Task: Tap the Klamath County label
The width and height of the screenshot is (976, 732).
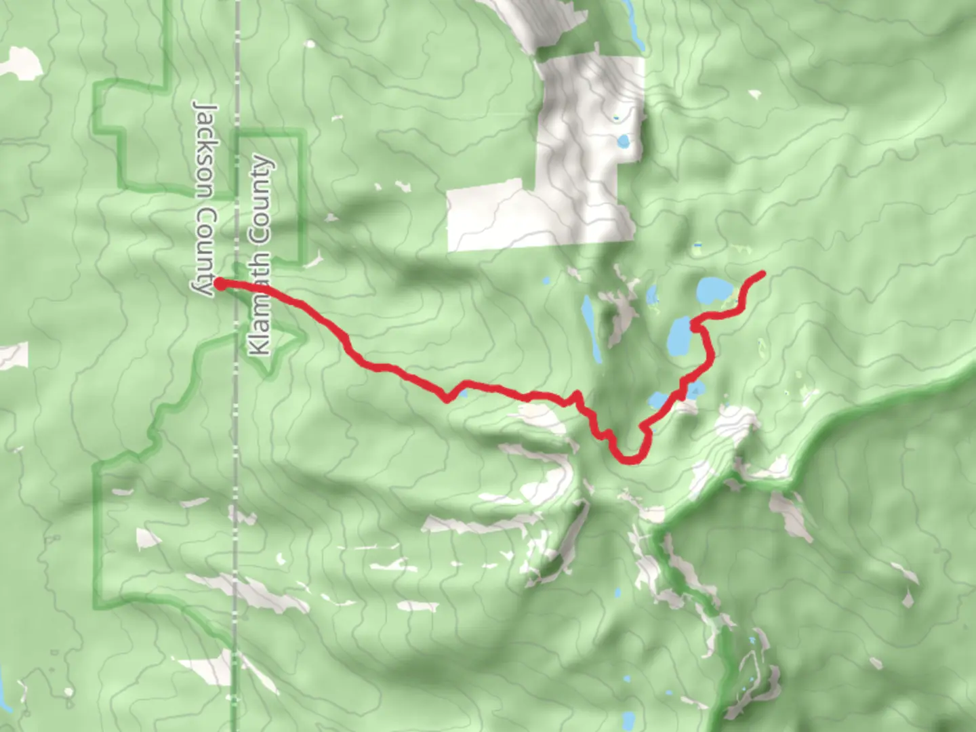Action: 260,256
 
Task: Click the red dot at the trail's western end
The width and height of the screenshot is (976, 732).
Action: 220,283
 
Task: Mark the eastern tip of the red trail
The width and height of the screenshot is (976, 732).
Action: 762,274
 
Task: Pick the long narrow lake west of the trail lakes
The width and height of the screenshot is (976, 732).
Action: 590,329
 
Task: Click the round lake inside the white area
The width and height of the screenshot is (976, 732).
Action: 623,142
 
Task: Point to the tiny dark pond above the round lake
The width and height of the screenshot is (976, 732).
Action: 616,118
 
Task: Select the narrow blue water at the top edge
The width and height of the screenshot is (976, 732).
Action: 636,30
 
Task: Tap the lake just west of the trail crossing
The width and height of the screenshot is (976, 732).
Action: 657,401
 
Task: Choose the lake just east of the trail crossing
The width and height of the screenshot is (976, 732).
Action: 695,389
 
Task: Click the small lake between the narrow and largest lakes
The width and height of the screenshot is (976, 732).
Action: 652,296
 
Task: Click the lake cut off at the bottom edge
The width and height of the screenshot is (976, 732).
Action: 628,721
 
